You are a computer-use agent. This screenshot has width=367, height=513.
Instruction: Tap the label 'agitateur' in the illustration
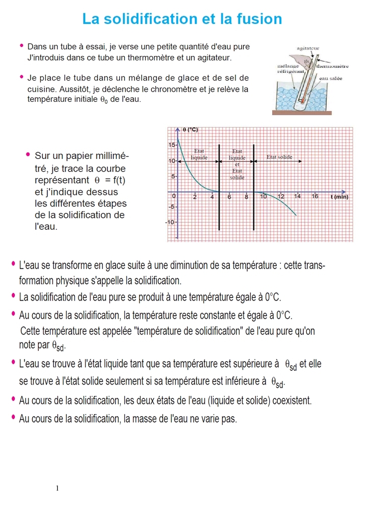coord(307,48)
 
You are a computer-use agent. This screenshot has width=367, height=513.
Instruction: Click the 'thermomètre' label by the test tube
coord(332,66)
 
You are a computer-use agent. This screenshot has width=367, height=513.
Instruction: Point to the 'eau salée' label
coord(330,78)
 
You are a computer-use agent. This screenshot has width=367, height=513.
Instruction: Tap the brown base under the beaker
coord(301,113)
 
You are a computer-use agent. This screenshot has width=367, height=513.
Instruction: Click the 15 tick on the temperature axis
coord(172,145)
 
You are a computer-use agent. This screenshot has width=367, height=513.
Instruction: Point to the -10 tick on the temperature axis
coord(171,223)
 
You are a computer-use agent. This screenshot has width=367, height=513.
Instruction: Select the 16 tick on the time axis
coord(314,196)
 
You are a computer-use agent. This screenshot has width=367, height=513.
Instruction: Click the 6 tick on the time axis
coord(229,196)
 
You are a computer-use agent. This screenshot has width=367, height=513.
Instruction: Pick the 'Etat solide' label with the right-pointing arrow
coord(279,157)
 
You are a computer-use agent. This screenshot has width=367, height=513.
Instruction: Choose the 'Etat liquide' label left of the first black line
coord(199,154)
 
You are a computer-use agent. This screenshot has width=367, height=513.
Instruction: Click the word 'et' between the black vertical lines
coord(237,164)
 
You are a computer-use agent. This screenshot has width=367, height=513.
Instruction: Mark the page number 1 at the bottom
coord(58,489)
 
